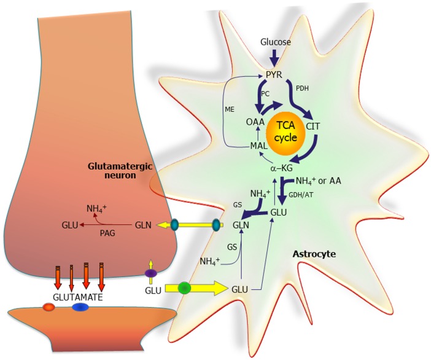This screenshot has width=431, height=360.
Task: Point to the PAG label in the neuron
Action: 109,235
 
